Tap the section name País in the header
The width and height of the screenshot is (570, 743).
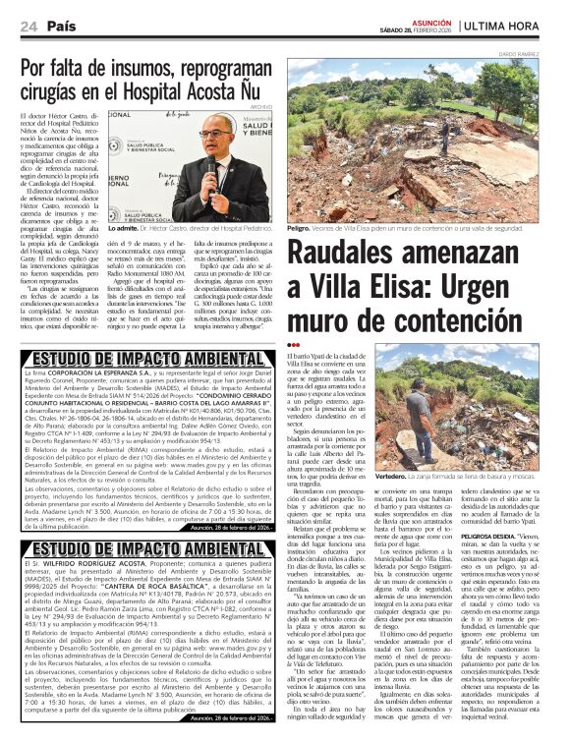coord(61,26)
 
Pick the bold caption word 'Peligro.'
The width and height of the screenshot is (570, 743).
coord(304,226)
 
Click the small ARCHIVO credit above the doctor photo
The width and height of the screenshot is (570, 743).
coord(261,105)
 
